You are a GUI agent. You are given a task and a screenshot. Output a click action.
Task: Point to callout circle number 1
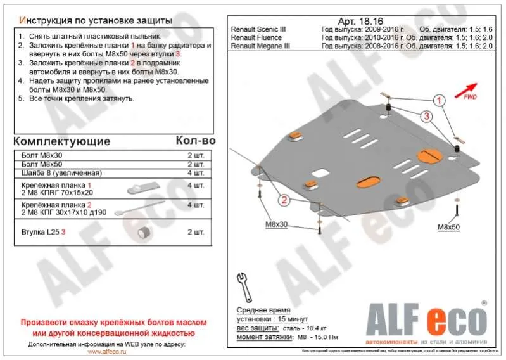click(438, 100)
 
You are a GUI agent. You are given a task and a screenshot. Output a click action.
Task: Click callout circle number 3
click(427, 115)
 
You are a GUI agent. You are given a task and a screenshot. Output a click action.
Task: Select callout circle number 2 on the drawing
click(284, 200)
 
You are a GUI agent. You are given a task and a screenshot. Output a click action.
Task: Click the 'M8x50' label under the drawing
click(449, 226)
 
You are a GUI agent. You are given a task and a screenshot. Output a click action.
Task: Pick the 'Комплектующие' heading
click(61, 141)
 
